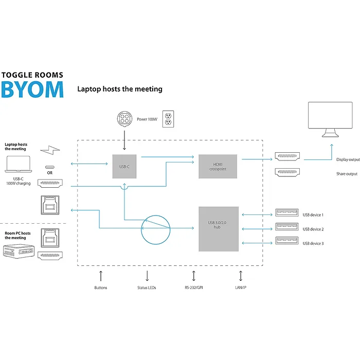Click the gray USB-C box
pyautogui.click(x=124, y=166)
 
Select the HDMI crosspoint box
pyautogui.click(x=218, y=166)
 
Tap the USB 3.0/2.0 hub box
pyautogui.click(x=219, y=229)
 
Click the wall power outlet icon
pyautogui.click(x=168, y=119)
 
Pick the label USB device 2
pyautogui.click(x=313, y=229)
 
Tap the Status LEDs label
pyautogui.click(x=148, y=287)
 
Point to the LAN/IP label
pyautogui.click(x=241, y=287)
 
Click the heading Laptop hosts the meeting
pyautogui.click(x=120, y=89)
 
